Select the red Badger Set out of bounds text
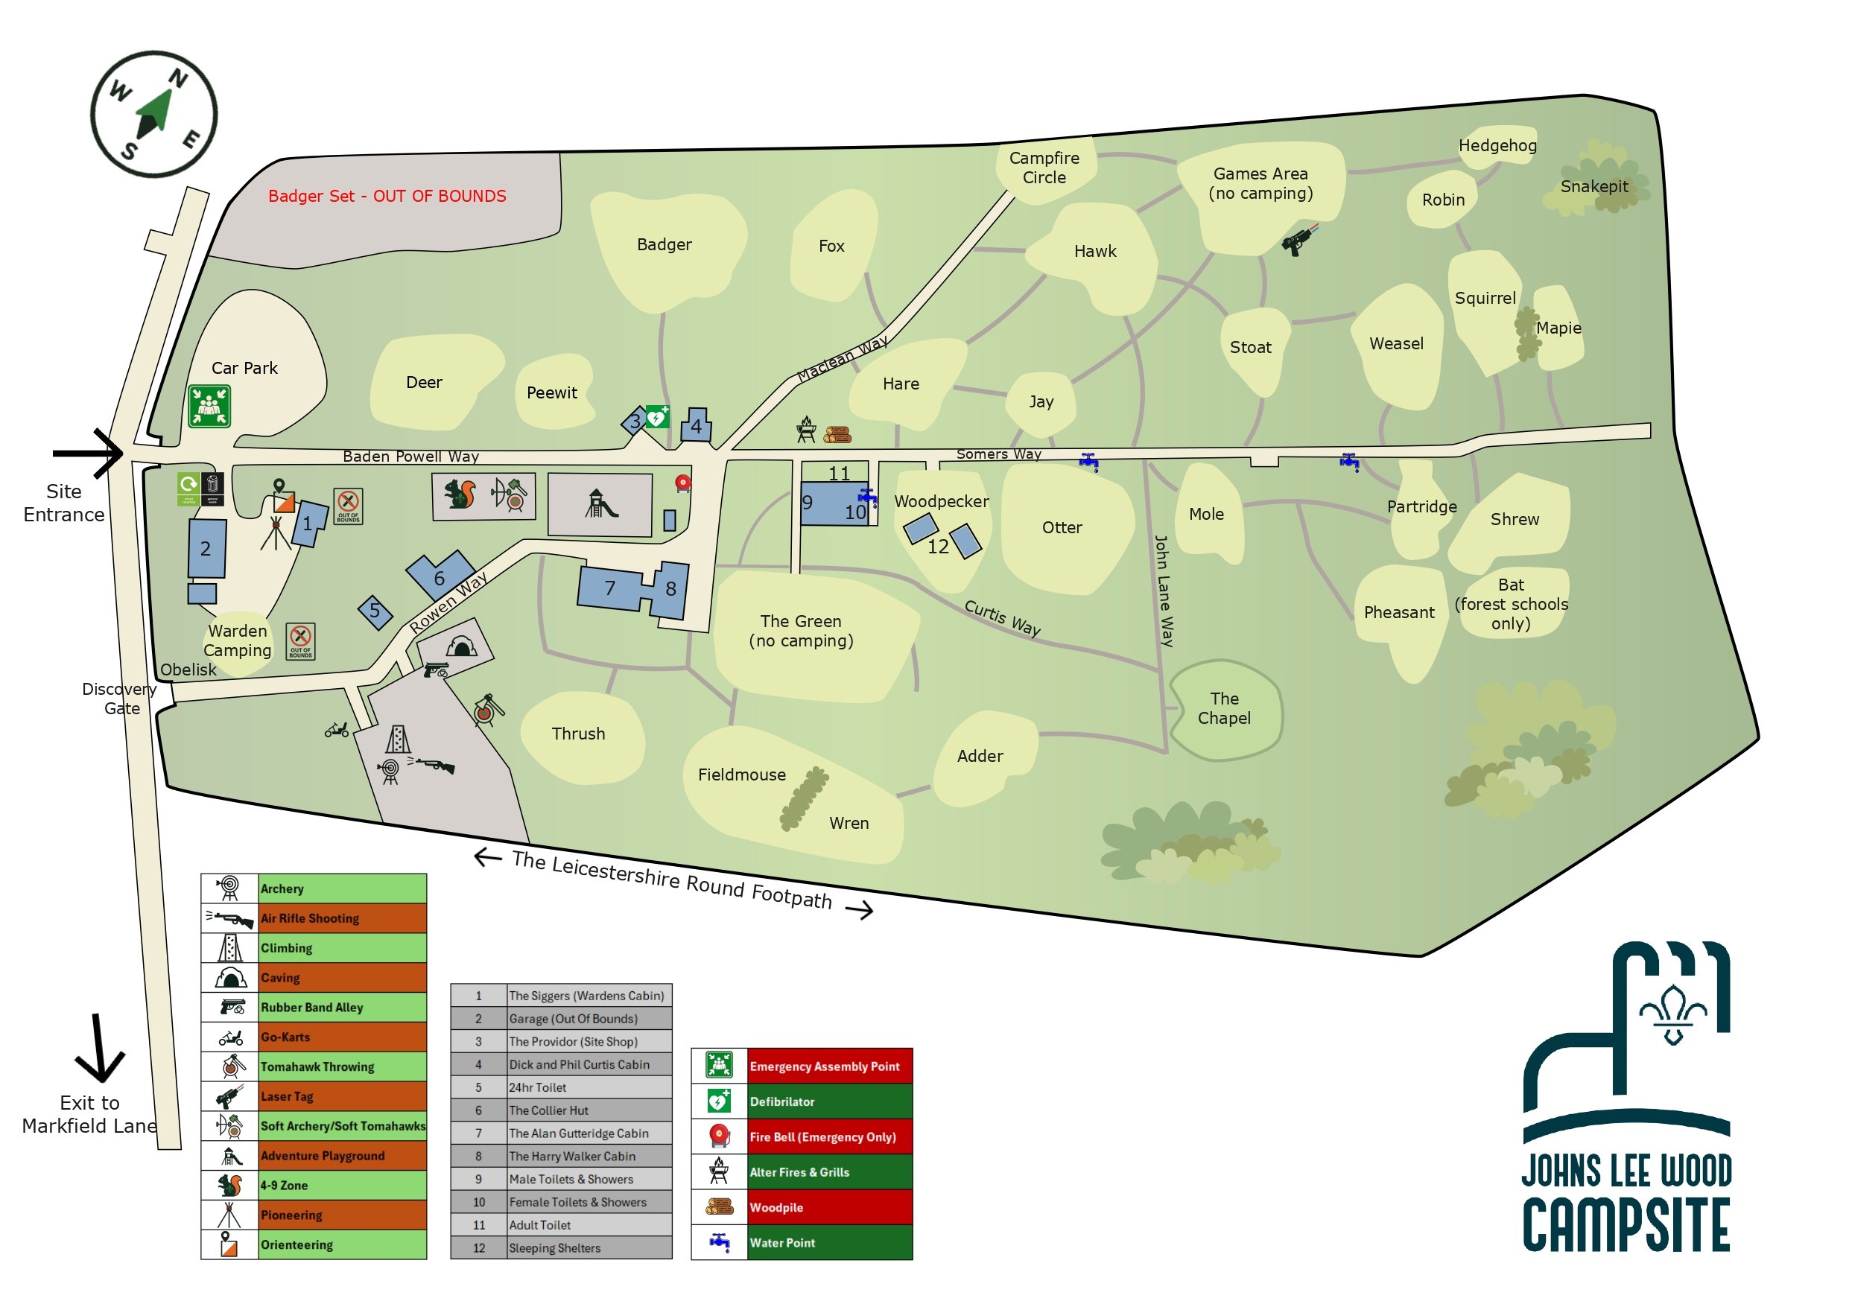tap(387, 196)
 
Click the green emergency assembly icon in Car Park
tap(209, 405)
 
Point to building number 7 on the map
tap(609, 588)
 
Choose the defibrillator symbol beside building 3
tap(657, 416)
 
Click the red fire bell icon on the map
tap(683, 483)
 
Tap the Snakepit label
tap(1593, 186)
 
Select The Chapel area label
tap(1224, 707)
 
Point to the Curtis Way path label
tap(1002, 617)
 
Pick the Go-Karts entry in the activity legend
tap(314, 1037)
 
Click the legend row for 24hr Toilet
tap(560, 1087)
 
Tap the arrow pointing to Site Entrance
tap(89, 453)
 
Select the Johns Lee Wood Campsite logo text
tap(1626, 1200)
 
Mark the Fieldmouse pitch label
tap(742, 775)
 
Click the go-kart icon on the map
tap(337, 730)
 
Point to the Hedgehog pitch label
tap(1497, 145)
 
